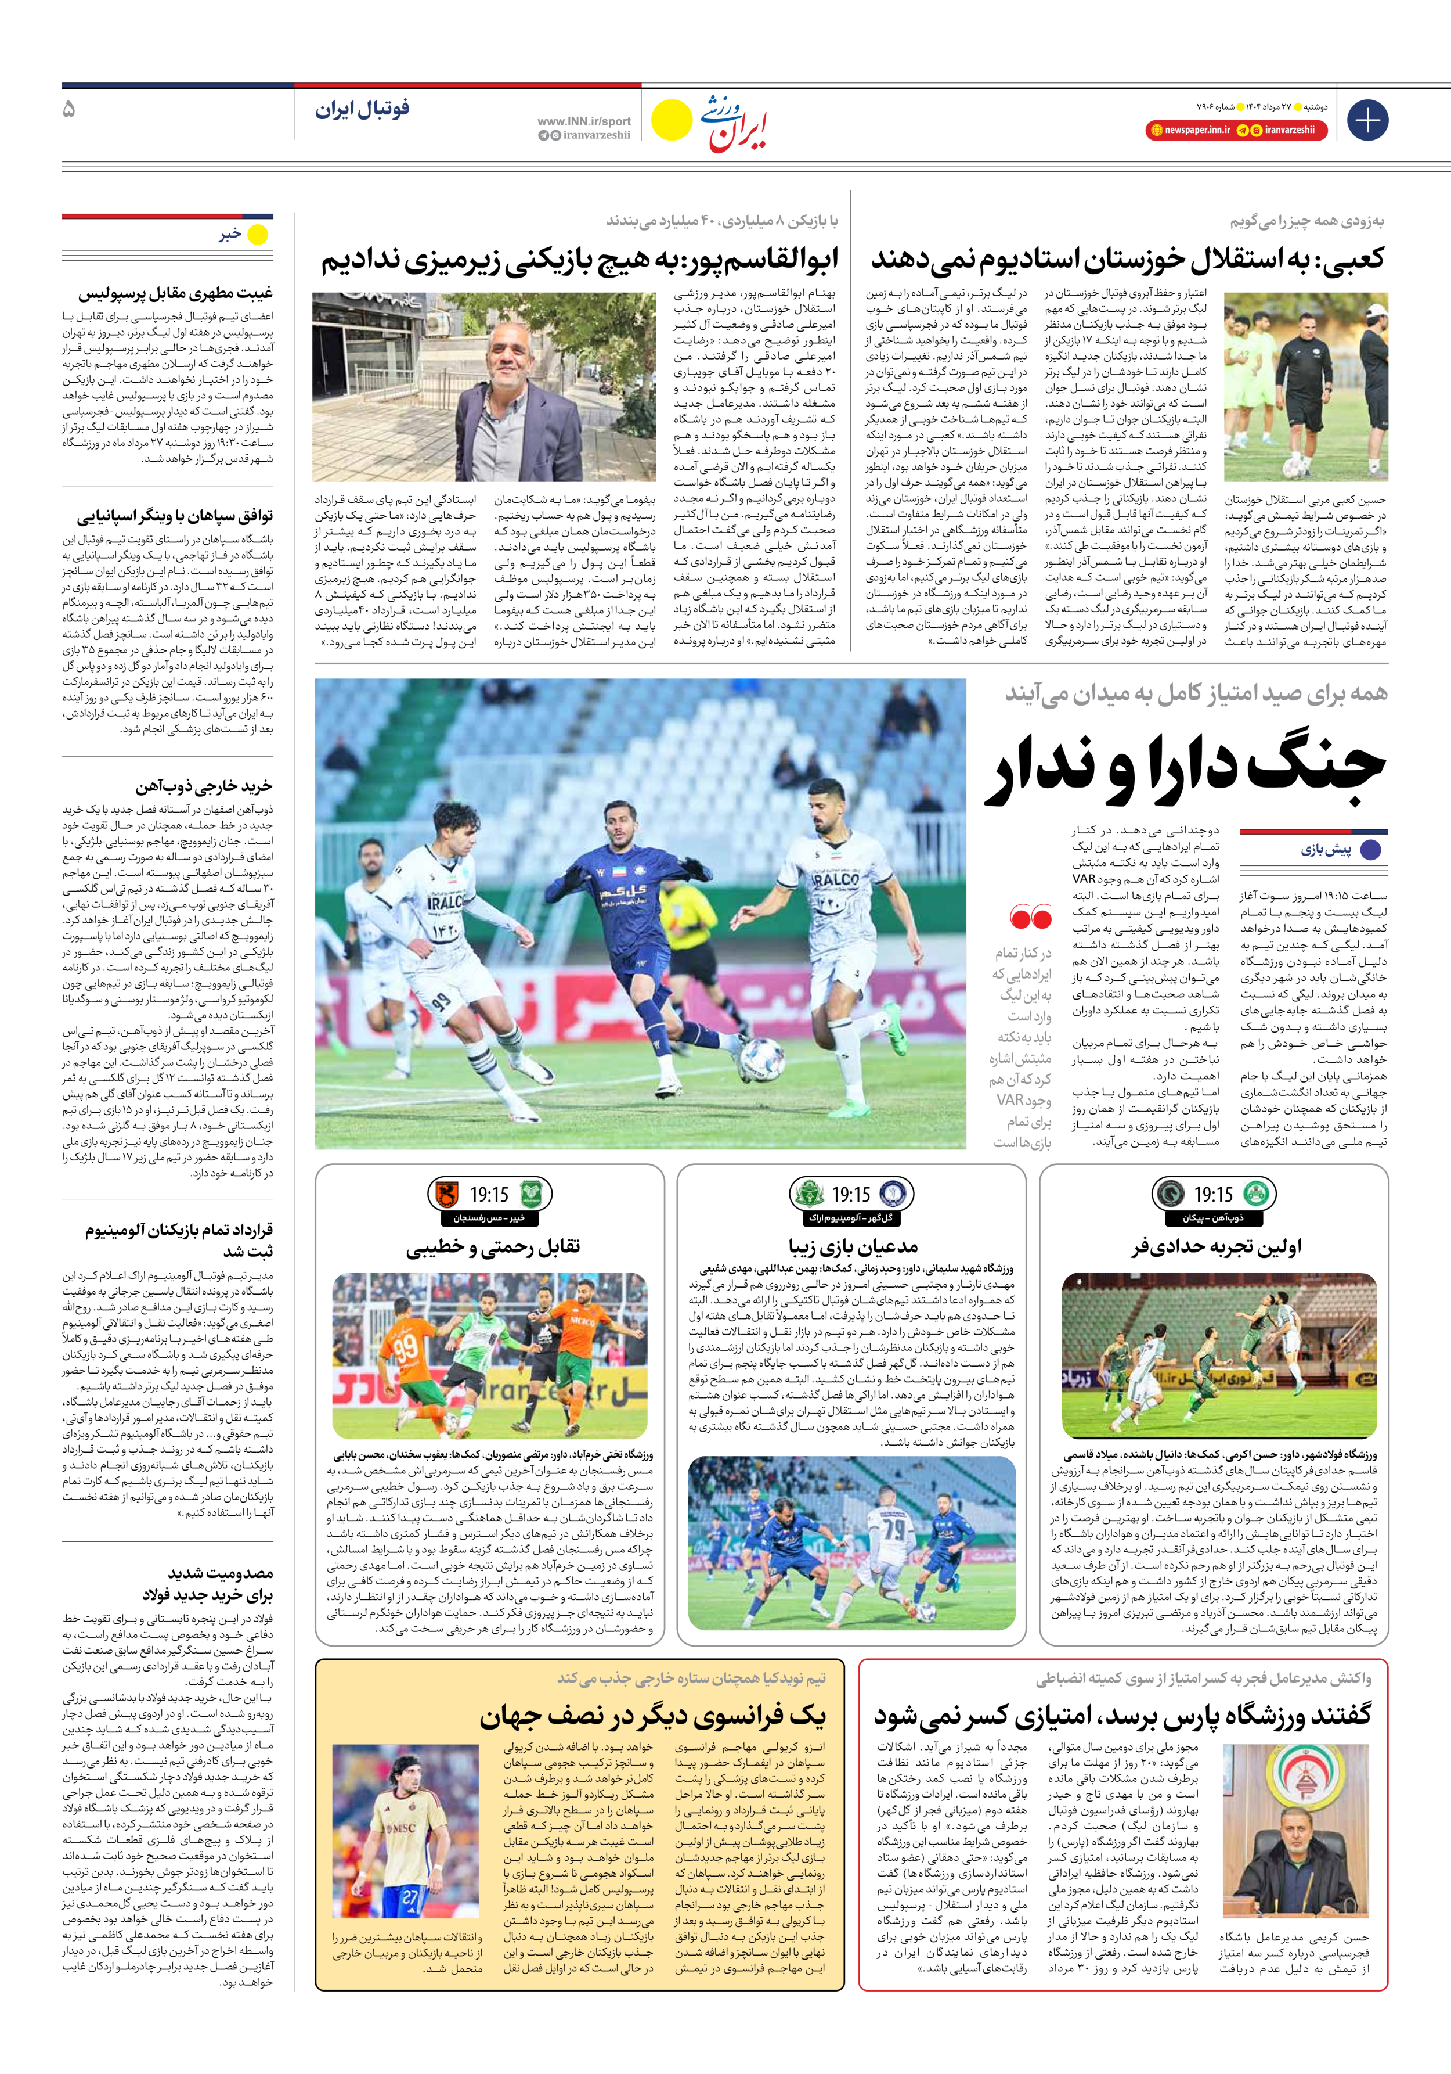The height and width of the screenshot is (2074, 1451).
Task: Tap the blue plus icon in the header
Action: click(1367, 119)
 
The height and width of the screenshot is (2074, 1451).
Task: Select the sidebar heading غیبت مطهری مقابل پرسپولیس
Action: click(175, 293)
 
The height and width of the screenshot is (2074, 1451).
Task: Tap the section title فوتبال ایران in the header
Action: click(362, 109)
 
